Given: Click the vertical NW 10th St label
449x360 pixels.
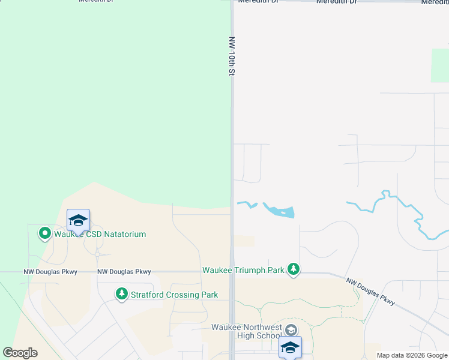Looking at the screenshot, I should (231, 56).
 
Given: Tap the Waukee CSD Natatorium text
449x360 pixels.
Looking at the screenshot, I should (100, 234).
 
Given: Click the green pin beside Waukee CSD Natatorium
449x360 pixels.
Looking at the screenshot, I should (44, 233).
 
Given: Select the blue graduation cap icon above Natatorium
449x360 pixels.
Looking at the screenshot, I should (78, 221).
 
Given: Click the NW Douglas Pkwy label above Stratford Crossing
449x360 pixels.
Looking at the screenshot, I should (124, 272).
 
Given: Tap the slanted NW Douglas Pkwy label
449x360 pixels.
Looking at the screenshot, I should (370, 291).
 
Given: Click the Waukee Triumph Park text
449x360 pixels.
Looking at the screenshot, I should (243, 270).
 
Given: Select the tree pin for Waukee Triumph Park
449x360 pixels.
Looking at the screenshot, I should (294, 270).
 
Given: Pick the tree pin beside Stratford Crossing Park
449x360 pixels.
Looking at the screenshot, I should (122, 293).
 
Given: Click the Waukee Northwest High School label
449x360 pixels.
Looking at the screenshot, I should (247, 331).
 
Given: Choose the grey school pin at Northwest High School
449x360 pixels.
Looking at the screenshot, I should (291, 329).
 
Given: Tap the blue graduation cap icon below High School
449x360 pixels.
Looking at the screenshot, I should (290, 347).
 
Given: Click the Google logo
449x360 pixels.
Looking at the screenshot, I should (20, 353).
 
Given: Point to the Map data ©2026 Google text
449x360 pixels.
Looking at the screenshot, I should (412, 355).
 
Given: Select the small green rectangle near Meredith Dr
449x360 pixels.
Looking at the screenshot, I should (439, 65).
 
